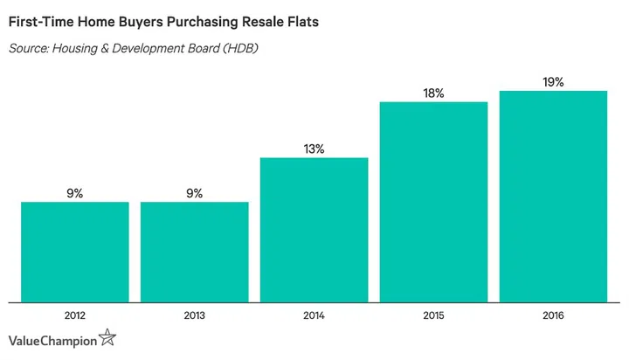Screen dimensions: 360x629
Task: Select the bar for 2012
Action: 75,252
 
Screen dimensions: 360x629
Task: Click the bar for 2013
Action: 194,252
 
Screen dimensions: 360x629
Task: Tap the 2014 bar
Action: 314,230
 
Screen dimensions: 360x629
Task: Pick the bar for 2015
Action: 433,202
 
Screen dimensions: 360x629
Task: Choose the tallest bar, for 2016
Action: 553,197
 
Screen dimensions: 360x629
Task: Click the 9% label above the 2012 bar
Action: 75,193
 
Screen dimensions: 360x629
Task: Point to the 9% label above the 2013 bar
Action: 194,193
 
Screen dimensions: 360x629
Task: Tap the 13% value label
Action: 314,149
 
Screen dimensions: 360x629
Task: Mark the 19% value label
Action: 553,82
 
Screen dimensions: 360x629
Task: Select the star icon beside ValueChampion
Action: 107,337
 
